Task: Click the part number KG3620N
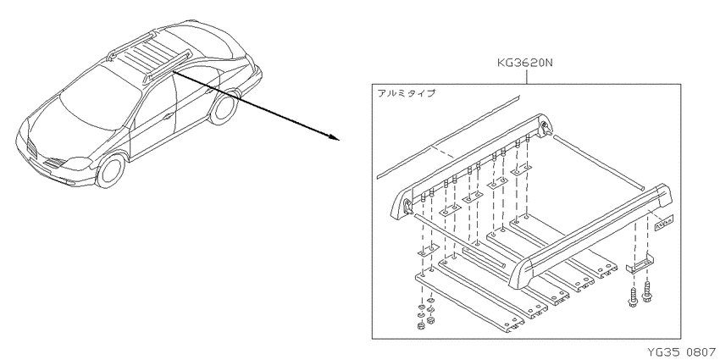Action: point(525,63)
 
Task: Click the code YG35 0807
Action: point(681,352)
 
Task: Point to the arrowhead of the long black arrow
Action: point(335,136)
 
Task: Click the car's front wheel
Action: point(111,171)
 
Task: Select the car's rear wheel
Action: point(224,108)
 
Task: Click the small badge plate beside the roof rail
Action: point(663,221)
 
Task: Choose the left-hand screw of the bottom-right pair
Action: point(633,297)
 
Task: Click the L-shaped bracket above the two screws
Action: point(640,266)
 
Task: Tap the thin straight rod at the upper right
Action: point(599,162)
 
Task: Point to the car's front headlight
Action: point(79,163)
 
